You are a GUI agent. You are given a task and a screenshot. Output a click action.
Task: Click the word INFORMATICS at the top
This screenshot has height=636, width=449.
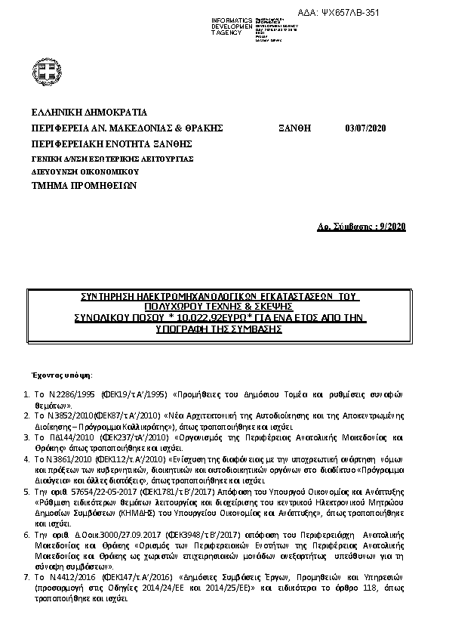pos(232,20)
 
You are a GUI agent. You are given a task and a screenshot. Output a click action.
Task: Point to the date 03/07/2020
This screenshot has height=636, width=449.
pos(365,128)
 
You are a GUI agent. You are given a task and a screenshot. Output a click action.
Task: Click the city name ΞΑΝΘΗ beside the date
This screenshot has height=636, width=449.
pos(294,128)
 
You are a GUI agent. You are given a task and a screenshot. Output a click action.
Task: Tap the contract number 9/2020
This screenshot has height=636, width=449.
pos(392,227)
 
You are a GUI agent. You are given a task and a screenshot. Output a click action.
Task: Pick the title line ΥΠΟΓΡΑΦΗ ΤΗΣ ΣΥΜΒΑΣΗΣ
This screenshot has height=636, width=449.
pos(218,330)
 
